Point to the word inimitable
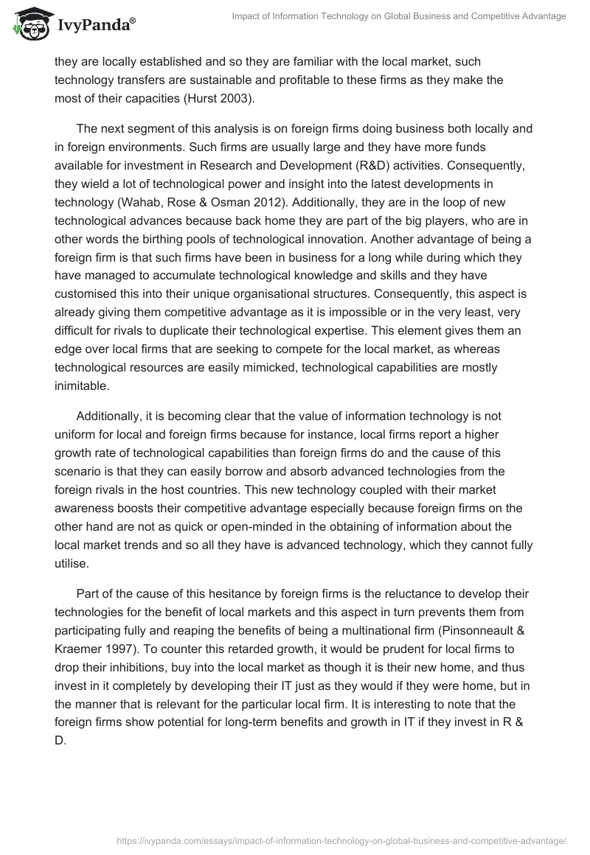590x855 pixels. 81,386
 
